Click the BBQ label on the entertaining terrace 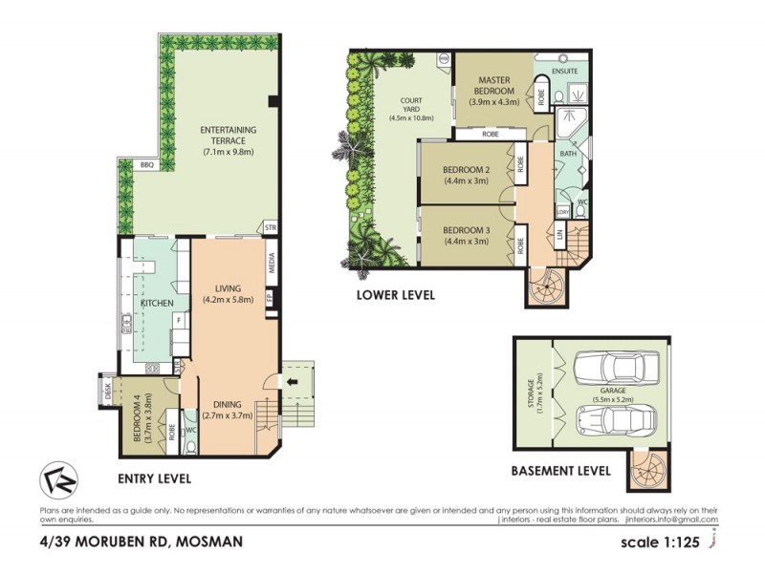(x=146, y=165)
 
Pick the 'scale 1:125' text (x=660, y=541)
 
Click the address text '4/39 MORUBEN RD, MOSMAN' (x=141, y=541)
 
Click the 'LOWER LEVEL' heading (x=396, y=295)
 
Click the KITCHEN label (x=157, y=304)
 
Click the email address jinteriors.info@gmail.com (x=669, y=520)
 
